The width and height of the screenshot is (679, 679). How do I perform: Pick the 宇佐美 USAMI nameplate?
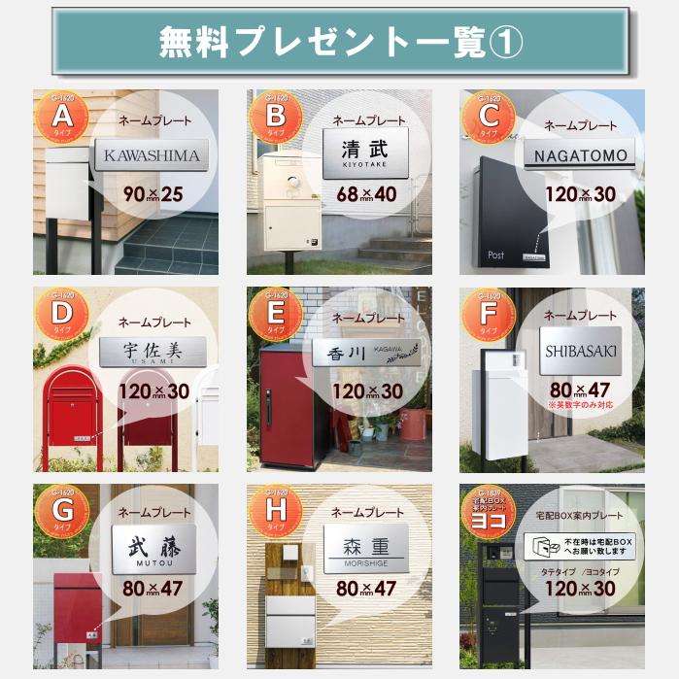pyautogui.click(x=153, y=351)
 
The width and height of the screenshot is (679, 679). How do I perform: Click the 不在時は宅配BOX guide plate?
pyautogui.click(x=579, y=546)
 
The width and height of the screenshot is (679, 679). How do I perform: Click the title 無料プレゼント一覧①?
pyautogui.click(x=339, y=42)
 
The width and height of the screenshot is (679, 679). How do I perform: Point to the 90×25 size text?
pyautogui.click(x=153, y=194)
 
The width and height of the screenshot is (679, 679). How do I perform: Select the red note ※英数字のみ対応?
pyautogui.click(x=580, y=403)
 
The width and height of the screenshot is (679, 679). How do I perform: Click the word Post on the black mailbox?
pyautogui.click(x=495, y=255)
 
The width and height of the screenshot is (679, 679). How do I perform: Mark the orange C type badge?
pyautogui.click(x=486, y=119)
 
